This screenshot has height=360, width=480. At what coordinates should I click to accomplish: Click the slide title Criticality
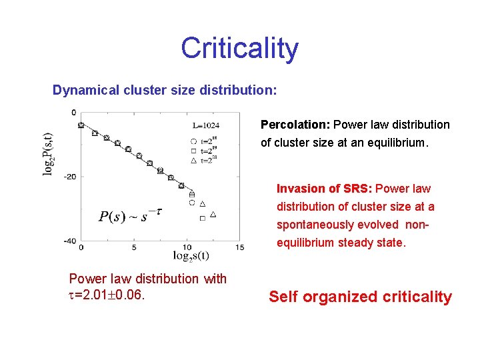(x=239, y=49)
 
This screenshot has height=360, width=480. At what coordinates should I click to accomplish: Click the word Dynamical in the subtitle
(x=87, y=89)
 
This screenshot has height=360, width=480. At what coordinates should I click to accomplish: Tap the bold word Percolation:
(x=295, y=125)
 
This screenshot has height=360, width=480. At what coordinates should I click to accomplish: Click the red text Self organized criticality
(x=360, y=297)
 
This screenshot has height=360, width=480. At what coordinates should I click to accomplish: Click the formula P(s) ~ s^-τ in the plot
(x=130, y=215)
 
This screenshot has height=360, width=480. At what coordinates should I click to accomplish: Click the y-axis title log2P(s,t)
(x=49, y=153)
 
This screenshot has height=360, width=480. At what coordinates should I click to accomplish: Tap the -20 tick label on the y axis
(x=69, y=177)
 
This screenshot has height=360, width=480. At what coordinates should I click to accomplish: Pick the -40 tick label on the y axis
(x=69, y=241)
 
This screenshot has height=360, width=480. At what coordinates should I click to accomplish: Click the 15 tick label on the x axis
(x=240, y=248)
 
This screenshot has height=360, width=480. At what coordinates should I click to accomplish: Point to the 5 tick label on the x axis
(x=134, y=248)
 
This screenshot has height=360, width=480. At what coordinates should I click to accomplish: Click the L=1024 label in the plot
(x=206, y=125)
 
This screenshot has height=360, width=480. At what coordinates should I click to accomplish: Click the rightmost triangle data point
(x=213, y=214)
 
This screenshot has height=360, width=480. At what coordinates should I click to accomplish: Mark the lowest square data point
(x=202, y=218)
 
